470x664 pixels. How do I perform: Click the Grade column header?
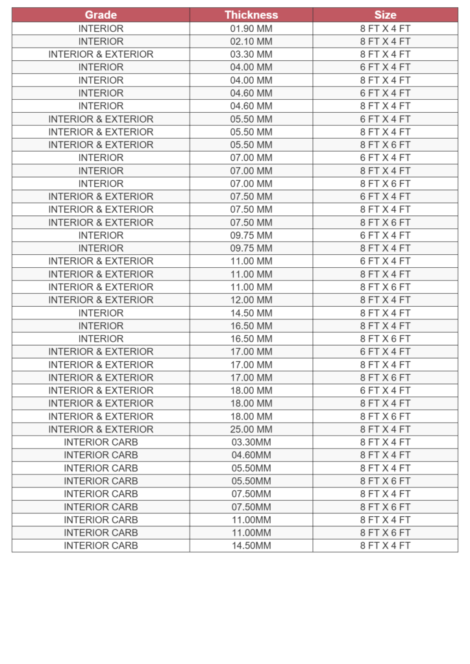click(101, 15)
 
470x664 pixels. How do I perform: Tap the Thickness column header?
click(251, 15)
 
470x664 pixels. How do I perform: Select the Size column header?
click(385, 15)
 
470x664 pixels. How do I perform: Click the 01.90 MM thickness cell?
click(251, 29)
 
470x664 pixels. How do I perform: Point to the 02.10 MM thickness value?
click(251, 41)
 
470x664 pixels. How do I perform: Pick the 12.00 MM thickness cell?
click(251, 300)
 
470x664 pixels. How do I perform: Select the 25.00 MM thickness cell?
click(251, 429)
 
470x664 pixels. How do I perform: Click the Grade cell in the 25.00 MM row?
click(101, 429)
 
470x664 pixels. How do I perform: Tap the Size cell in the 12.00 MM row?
click(385, 300)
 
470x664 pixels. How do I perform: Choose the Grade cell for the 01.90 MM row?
click(101, 29)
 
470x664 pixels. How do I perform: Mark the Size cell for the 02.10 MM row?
click(385, 41)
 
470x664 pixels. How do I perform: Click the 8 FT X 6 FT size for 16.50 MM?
click(385, 338)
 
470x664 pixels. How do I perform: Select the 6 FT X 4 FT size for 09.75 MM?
click(385, 235)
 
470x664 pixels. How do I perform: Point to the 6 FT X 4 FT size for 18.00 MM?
click(385, 390)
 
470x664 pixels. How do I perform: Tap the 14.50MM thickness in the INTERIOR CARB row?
click(251, 545)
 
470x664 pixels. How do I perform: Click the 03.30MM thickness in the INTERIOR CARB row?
click(251, 442)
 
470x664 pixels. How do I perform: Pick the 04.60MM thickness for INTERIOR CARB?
click(251, 455)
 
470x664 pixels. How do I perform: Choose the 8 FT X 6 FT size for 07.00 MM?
click(385, 184)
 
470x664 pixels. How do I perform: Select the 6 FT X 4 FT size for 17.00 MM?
click(385, 351)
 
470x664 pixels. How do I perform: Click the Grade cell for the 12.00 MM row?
click(101, 300)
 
